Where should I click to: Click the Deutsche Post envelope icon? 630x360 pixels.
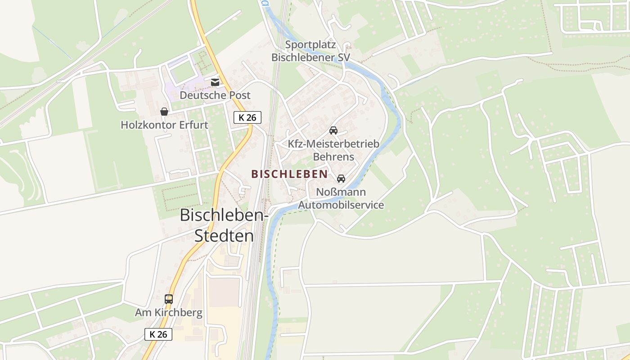point(215,82)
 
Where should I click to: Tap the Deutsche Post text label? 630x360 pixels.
point(215,95)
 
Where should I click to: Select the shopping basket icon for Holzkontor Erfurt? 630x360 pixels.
point(164,111)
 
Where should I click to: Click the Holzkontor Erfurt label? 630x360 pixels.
point(164,125)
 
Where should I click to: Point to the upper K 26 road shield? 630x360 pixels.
point(247,117)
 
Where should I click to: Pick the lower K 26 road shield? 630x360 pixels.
point(158,334)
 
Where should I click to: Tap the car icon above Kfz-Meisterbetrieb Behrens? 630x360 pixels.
point(333,130)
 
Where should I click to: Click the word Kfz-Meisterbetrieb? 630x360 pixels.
point(333,144)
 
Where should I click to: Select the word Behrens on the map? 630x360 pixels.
point(333,157)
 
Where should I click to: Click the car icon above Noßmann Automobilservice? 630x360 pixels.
point(341,179)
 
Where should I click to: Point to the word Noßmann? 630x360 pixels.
point(341,192)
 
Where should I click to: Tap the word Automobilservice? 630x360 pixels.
point(341,205)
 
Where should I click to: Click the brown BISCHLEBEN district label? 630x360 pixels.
point(289,174)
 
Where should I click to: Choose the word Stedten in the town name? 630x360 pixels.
point(224,236)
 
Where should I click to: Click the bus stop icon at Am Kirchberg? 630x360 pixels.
point(169,299)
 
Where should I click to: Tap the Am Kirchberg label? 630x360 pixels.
point(169,312)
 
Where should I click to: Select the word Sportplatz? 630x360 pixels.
point(310,45)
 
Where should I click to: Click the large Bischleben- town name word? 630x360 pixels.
point(224,215)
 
